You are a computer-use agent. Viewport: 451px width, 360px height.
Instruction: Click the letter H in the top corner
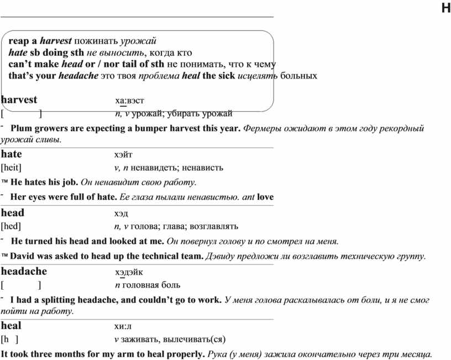(x=445, y=7)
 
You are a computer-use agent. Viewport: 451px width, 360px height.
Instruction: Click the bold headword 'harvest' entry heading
(x=19, y=100)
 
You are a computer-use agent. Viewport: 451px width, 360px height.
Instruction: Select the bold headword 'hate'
(x=12, y=154)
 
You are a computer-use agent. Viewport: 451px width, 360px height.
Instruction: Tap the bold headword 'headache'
(x=24, y=272)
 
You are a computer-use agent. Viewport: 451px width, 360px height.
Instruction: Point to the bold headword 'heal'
(x=11, y=326)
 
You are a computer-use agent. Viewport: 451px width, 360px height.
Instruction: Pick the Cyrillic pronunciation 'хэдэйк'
(x=129, y=272)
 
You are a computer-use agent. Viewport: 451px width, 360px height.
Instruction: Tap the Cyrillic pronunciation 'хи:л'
(x=123, y=326)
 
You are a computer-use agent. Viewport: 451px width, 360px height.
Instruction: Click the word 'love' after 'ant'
(x=265, y=197)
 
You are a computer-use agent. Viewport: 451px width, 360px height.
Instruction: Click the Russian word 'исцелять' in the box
(x=258, y=75)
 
